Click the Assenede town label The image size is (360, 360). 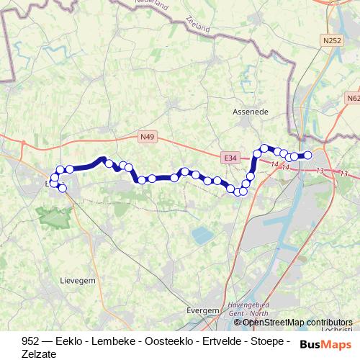click(x=250, y=112)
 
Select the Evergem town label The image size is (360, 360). click(x=202, y=310)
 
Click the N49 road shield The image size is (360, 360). click(x=147, y=136)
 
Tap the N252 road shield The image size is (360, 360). click(x=332, y=41)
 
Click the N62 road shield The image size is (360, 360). click(x=353, y=98)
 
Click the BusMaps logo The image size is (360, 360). click(x=325, y=344)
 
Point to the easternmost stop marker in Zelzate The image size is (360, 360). click(x=307, y=155)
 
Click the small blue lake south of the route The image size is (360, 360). click(x=202, y=235)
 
